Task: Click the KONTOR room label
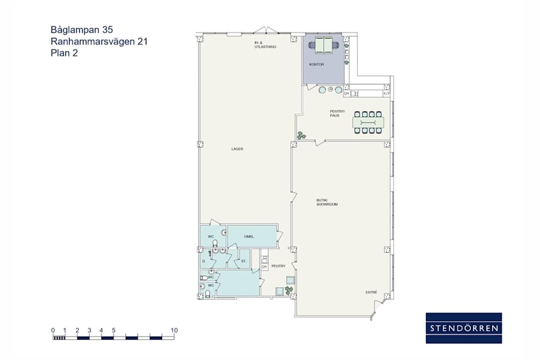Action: point(316,64)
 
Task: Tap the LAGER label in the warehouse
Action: point(237,149)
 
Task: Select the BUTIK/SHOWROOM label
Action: point(327,202)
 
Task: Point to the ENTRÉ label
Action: point(371,292)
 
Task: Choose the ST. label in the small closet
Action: point(244,261)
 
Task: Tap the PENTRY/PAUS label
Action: point(335,113)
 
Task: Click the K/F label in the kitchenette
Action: point(386,94)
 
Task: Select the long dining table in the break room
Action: point(368,122)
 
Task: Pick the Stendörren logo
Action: point(464,328)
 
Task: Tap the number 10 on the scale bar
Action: point(174,330)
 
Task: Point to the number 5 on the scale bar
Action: point(113,330)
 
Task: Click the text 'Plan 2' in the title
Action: point(65,53)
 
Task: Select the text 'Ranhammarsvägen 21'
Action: point(99,41)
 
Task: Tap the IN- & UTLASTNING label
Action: point(265,45)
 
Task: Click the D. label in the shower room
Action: point(204,262)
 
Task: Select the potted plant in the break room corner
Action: point(300,136)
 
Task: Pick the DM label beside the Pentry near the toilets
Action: point(264,266)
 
